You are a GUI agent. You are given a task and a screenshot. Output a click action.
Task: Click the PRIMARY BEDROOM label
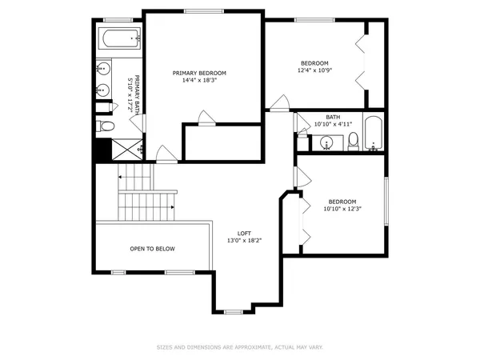click(201, 73)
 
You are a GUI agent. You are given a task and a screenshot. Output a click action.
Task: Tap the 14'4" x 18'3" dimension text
click(201, 80)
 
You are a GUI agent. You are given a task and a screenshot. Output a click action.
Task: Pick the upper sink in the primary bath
click(103, 70)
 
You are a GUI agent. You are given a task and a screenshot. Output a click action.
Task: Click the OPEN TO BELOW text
click(152, 249)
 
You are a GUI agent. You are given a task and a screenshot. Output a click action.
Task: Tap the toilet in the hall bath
click(352, 142)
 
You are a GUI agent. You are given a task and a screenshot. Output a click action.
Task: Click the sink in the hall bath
click(326, 143)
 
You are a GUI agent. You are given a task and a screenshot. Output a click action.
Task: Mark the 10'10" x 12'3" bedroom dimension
click(342, 209)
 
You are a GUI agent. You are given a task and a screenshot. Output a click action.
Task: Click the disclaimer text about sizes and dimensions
click(240, 347)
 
